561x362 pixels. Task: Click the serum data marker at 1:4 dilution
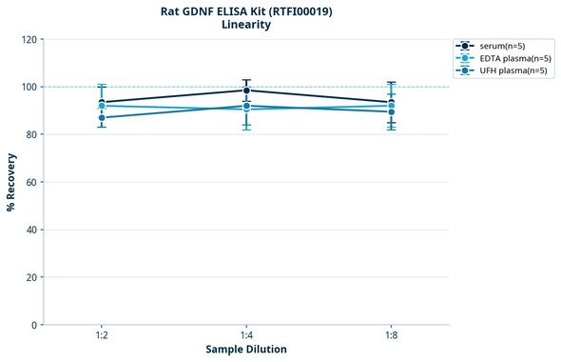tap(246, 90)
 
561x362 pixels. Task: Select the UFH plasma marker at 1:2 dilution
tap(102, 118)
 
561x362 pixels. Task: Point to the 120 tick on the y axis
tap(29, 40)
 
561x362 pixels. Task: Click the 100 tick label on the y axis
tap(29, 88)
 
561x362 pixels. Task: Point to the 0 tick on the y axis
tap(34, 325)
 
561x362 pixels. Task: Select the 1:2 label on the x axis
tap(102, 336)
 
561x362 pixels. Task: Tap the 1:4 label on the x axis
tap(246, 336)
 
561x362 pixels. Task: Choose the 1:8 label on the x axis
tap(391, 336)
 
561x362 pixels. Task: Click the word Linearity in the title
tap(246, 25)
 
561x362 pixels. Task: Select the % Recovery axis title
tap(11, 182)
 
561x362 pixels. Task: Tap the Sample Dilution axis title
tap(246, 350)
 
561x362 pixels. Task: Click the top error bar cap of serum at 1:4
tap(246, 80)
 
